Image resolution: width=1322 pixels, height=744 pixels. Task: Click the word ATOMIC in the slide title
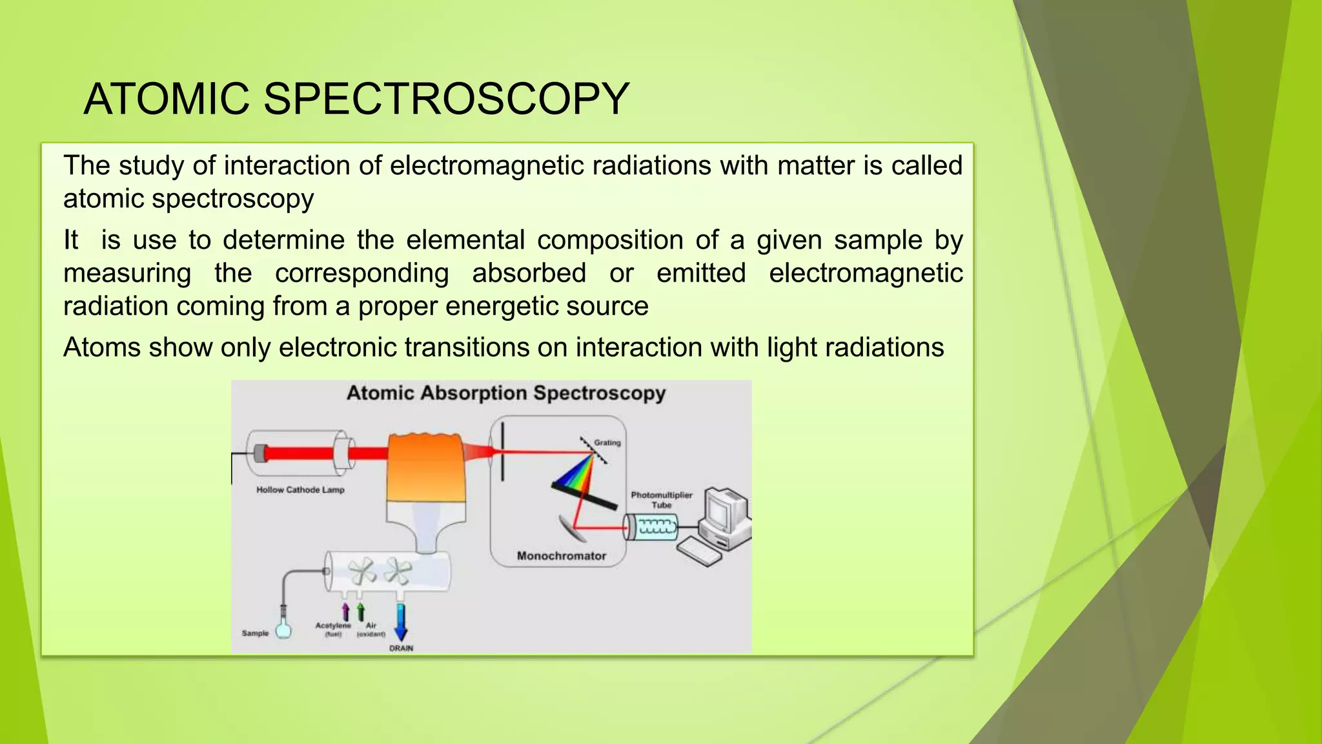[x=167, y=99]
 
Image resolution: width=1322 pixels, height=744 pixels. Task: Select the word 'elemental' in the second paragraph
[x=465, y=240]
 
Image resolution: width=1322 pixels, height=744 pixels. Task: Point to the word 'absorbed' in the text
[x=529, y=273]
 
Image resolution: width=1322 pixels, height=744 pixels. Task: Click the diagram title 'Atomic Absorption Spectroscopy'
[x=506, y=393]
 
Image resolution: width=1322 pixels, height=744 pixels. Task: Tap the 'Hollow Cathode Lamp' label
[x=300, y=490]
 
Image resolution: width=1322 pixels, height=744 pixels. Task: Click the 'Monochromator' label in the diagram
[x=561, y=556]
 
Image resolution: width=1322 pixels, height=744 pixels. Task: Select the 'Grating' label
[x=607, y=443]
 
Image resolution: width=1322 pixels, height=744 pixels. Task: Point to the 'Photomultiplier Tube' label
[x=661, y=500]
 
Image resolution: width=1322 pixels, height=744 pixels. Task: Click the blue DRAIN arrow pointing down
[x=401, y=621]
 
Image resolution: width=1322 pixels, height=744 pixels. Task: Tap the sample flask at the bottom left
[x=283, y=629]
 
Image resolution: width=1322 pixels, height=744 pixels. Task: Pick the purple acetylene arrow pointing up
[x=345, y=612]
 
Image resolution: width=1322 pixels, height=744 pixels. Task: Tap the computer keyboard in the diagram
[x=698, y=551]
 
